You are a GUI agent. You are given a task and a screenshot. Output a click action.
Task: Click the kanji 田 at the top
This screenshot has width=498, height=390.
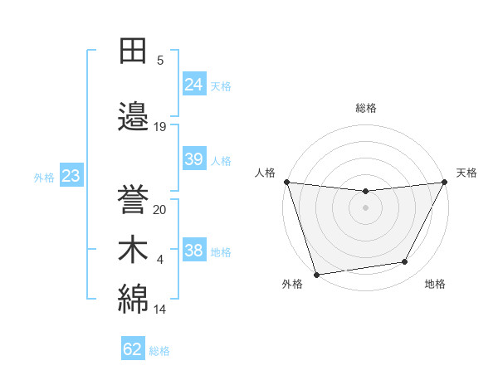click(x=134, y=52)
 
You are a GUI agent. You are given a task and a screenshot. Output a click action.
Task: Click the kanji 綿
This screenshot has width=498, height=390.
click(x=134, y=298)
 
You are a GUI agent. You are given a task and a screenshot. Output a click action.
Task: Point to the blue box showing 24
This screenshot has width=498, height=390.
click(x=194, y=85)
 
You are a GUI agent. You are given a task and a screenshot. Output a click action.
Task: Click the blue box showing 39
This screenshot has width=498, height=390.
click(x=194, y=159)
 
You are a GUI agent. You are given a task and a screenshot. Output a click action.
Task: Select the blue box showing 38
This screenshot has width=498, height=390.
click(x=194, y=251)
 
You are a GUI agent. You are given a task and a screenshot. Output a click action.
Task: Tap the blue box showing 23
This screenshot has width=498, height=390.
click(x=71, y=176)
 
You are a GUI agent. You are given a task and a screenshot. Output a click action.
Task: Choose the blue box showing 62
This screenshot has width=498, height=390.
click(x=133, y=349)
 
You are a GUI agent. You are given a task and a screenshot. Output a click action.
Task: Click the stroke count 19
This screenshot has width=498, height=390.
click(x=160, y=127)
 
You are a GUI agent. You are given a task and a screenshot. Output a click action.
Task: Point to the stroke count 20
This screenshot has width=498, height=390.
click(x=160, y=210)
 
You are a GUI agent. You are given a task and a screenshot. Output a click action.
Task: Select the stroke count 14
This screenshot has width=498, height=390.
click(x=160, y=310)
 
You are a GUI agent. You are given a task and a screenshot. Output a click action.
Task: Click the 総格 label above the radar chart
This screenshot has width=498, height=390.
click(x=366, y=109)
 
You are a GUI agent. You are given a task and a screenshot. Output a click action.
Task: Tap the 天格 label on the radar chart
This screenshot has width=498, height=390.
click(x=466, y=173)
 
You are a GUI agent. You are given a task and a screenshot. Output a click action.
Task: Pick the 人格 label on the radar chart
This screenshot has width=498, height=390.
click(x=265, y=173)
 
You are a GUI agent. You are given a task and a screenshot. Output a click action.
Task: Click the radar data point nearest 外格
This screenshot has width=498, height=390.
click(x=316, y=274)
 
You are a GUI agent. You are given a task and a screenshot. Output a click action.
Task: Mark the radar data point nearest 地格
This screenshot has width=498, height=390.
click(x=405, y=262)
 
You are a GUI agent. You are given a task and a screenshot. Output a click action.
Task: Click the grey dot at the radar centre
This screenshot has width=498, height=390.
click(x=365, y=207)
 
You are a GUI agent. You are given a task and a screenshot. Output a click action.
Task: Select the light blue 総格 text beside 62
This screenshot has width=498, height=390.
click(x=159, y=351)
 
